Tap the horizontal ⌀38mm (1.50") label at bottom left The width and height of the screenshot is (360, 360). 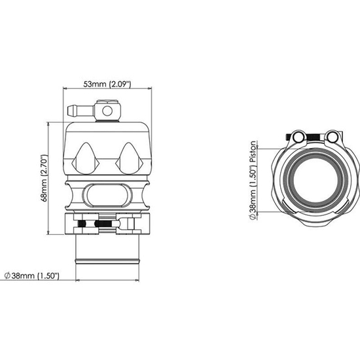click(x=32, y=276)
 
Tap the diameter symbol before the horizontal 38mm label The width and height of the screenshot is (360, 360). click(x=7, y=276)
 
